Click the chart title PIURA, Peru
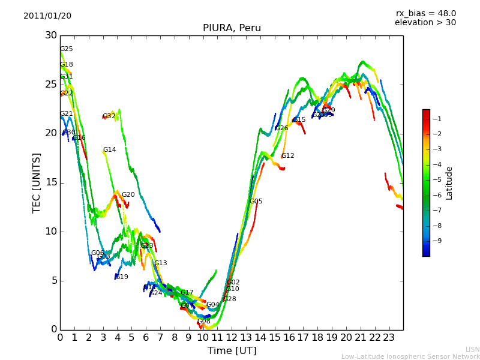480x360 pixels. click(232, 28)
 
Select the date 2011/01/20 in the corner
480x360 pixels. click(47, 16)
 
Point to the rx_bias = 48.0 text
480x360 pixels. click(425, 14)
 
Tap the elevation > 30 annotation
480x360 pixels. click(425, 23)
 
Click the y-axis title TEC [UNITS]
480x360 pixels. click(37, 182)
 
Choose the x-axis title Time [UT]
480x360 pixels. click(232, 351)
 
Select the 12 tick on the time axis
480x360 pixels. click(232, 338)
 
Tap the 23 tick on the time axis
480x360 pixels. click(389, 338)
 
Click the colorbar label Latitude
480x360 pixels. click(449, 183)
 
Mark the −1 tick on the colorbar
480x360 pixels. click(437, 119)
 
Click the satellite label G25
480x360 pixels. click(66, 49)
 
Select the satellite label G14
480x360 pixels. click(109, 150)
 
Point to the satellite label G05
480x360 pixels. click(256, 202)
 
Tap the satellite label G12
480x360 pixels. click(287, 156)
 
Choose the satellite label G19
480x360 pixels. click(121, 277)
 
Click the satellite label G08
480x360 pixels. click(204, 322)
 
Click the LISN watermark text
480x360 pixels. click(472, 349)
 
